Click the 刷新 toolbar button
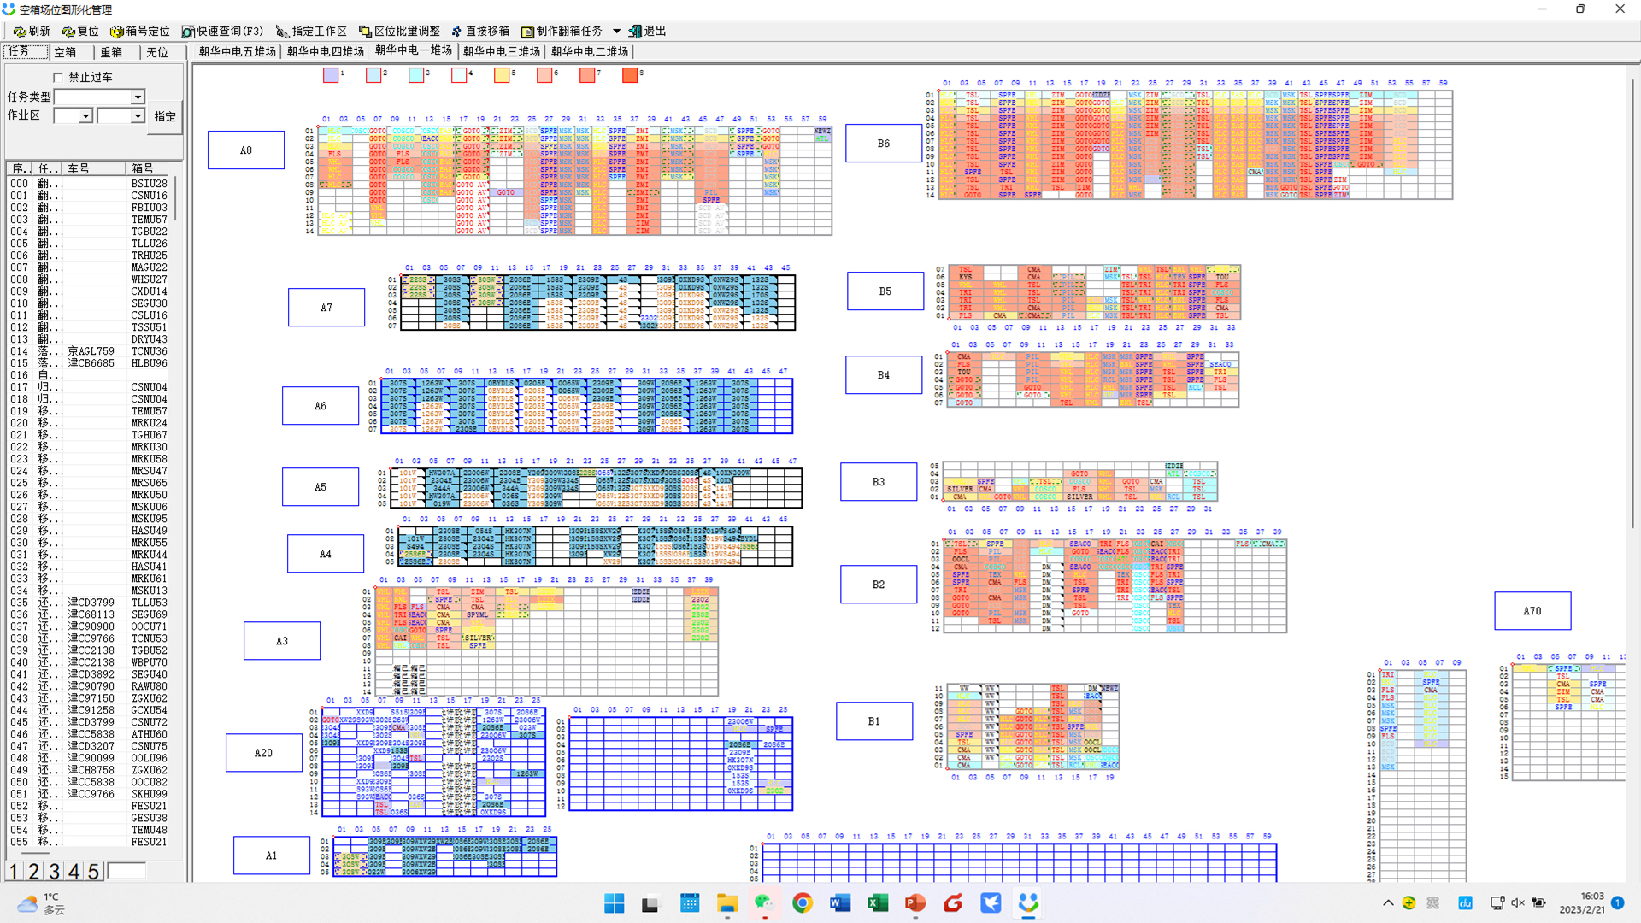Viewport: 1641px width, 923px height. (x=32, y=32)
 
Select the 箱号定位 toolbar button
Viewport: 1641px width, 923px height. (x=140, y=32)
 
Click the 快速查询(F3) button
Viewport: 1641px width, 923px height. (x=223, y=32)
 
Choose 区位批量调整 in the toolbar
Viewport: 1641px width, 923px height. (x=399, y=32)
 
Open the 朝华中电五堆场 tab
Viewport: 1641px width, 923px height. (x=238, y=52)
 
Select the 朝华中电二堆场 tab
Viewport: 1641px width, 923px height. (x=590, y=52)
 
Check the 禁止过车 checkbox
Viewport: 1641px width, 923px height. (x=59, y=78)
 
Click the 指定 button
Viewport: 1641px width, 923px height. (x=165, y=116)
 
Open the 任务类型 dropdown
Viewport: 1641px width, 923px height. (x=138, y=97)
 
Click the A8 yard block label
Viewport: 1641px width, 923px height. (x=246, y=150)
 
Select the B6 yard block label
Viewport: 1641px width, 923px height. (x=884, y=144)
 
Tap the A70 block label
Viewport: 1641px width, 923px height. (x=1532, y=611)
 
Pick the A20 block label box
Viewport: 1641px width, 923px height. (x=263, y=753)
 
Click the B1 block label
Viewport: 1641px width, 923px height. (x=873, y=721)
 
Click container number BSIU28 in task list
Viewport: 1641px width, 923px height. (x=150, y=184)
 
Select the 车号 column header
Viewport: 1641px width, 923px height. (x=79, y=168)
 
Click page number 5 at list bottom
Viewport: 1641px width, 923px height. (x=93, y=871)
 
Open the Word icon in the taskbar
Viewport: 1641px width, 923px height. (x=839, y=903)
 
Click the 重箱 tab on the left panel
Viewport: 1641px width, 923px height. (x=111, y=53)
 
